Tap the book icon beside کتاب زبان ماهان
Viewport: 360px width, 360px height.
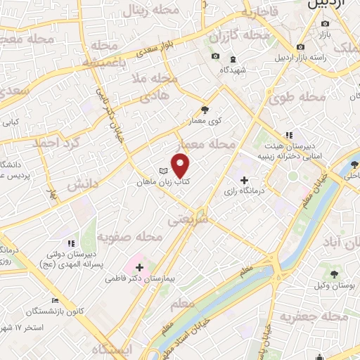(x=163, y=171)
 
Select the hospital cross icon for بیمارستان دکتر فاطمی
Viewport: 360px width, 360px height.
(x=139, y=268)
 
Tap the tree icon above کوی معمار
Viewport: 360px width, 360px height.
(x=205, y=110)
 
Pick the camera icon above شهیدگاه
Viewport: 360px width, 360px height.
(x=215, y=56)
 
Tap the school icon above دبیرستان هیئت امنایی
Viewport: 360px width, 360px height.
(x=288, y=135)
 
